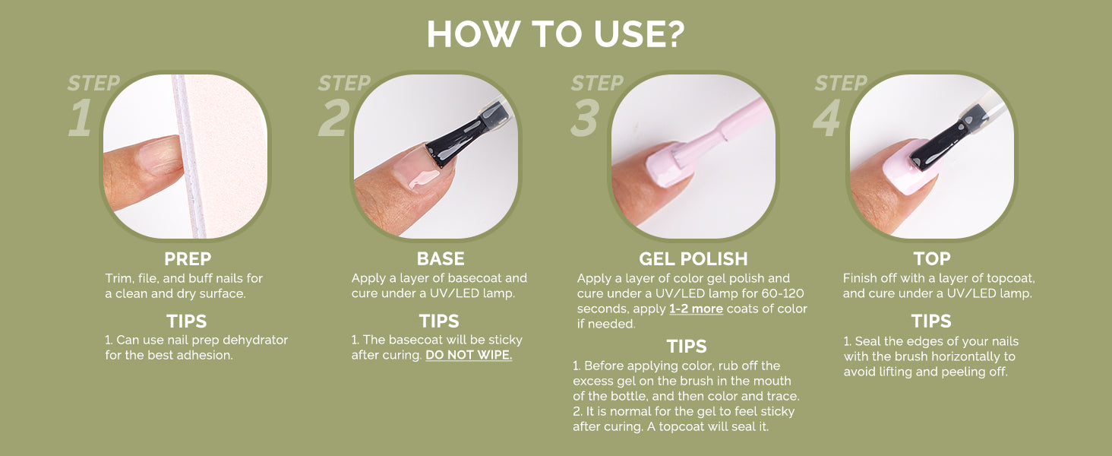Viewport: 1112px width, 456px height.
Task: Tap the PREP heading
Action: pyautogui.click(x=188, y=259)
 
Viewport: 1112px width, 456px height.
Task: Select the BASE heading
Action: pyautogui.click(x=441, y=259)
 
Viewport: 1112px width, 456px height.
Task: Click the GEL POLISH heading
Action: pyautogui.click(x=693, y=259)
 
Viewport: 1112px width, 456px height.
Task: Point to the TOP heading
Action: pyautogui.click(x=932, y=259)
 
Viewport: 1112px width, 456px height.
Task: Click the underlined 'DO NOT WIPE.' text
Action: pyautogui.click(x=469, y=355)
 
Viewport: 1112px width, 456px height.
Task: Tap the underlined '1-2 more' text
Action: pyautogui.click(x=696, y=309)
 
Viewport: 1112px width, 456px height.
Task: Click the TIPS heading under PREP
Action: pyautogui.click(x=187, y=321)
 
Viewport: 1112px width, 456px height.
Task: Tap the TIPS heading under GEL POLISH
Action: pyautogui.click(x=687, y=347)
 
